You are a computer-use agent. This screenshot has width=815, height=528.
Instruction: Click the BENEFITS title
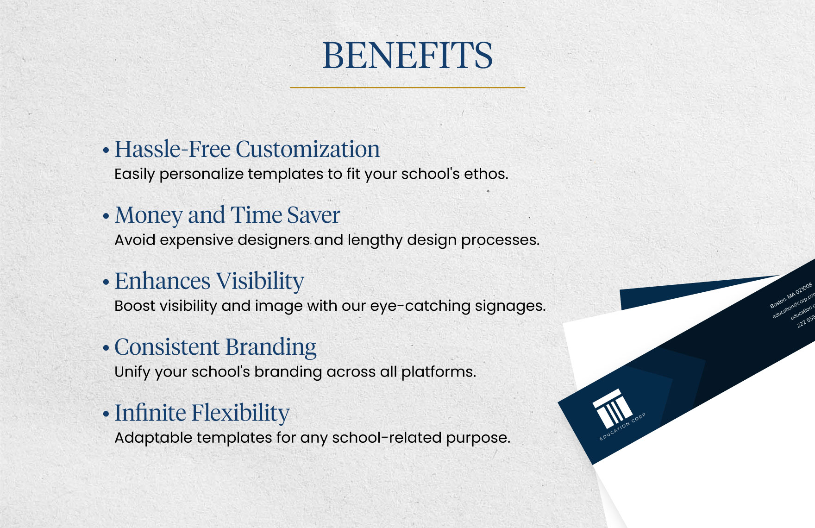point(407,56)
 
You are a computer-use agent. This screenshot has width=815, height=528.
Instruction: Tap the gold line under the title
point(407,87)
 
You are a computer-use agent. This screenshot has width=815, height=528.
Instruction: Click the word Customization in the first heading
point(307,149)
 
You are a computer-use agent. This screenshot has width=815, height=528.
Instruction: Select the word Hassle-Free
point(172,149)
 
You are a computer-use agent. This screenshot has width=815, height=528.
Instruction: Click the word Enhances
point(163,281)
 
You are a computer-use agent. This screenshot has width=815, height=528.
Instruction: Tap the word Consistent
point(167,347)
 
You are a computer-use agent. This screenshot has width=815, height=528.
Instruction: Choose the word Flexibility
point(240,413)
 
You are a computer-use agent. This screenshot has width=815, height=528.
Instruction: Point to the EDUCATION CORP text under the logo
point(622,427)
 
